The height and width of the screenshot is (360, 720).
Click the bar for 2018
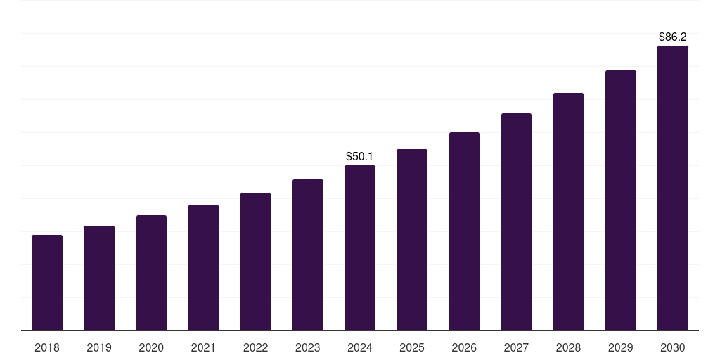tap(47, 283)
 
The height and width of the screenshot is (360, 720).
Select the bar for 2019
tap(99, 278)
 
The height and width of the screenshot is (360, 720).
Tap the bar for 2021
tap(203, 267)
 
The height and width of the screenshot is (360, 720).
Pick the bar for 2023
tap(308, 255)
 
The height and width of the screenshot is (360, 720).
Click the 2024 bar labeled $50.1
tap(360, 247)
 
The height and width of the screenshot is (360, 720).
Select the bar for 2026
tap(464, 231)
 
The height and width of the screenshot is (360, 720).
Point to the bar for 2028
tap(568, 212)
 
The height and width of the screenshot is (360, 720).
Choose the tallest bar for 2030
tap(673, 188)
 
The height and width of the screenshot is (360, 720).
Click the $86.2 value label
tap(673, 37)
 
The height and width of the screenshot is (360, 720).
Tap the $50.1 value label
tap(360, 156)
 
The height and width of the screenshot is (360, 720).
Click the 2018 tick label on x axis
tap(47, 347)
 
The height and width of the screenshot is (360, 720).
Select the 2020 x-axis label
tap(151, 347)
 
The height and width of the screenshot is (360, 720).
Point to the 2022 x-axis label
tap(255, 347)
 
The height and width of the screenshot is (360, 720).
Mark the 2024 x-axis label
tap(360, 347)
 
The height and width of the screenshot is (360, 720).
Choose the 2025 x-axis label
tap(412, 347)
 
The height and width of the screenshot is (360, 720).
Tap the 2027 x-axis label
tap(516, 347)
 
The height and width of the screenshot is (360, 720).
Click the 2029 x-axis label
tap(620, 347)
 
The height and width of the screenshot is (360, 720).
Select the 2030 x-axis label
tap(673, 347)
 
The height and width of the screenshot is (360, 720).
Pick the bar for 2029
tap(621, 200)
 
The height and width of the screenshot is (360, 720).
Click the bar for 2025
tap(412, 240)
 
